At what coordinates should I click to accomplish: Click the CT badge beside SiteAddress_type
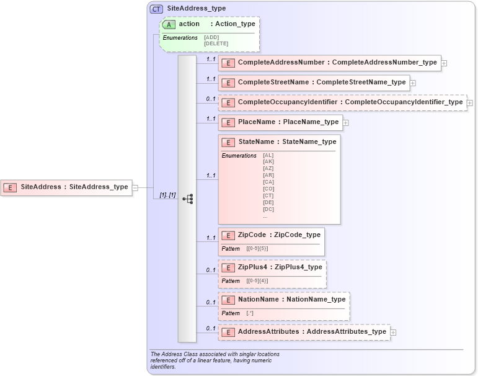(156, 9)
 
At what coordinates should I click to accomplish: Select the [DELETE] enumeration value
(216, 43)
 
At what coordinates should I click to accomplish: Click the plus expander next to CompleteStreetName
(413, 83)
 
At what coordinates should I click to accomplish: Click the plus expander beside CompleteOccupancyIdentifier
(470, 102)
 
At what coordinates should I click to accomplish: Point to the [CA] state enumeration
(268, 182)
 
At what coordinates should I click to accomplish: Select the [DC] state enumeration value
(268, 209)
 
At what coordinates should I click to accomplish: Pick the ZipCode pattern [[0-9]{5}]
(257, 248)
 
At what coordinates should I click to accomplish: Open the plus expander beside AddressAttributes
(393, 333)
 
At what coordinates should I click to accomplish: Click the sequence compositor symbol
(187, 199)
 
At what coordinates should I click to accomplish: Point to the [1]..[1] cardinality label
(167, 195)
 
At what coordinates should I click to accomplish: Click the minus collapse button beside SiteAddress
(135, 187)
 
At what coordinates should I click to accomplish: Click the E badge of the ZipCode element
(228, 235)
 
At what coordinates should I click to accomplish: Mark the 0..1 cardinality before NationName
(211, 302)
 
